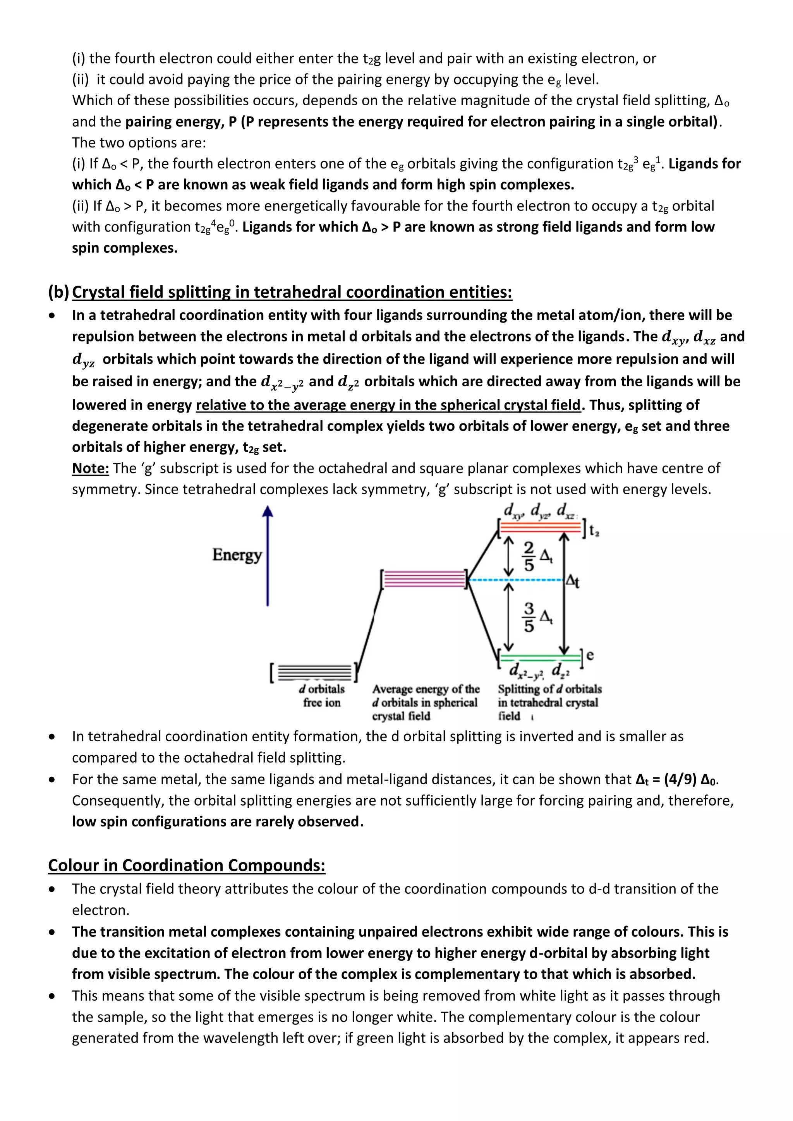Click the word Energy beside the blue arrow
(237, 555)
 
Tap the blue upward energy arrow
(268, 557)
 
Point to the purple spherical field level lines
(424, 579)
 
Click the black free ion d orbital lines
(314, 673)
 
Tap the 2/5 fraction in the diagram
(529, 556)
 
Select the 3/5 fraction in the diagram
(529, 618)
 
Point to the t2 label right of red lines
(594, 531)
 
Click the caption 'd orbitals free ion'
(322, 696)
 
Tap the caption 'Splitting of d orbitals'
(549, 689)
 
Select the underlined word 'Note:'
(90, 468)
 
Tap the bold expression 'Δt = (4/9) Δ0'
(676, 779)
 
